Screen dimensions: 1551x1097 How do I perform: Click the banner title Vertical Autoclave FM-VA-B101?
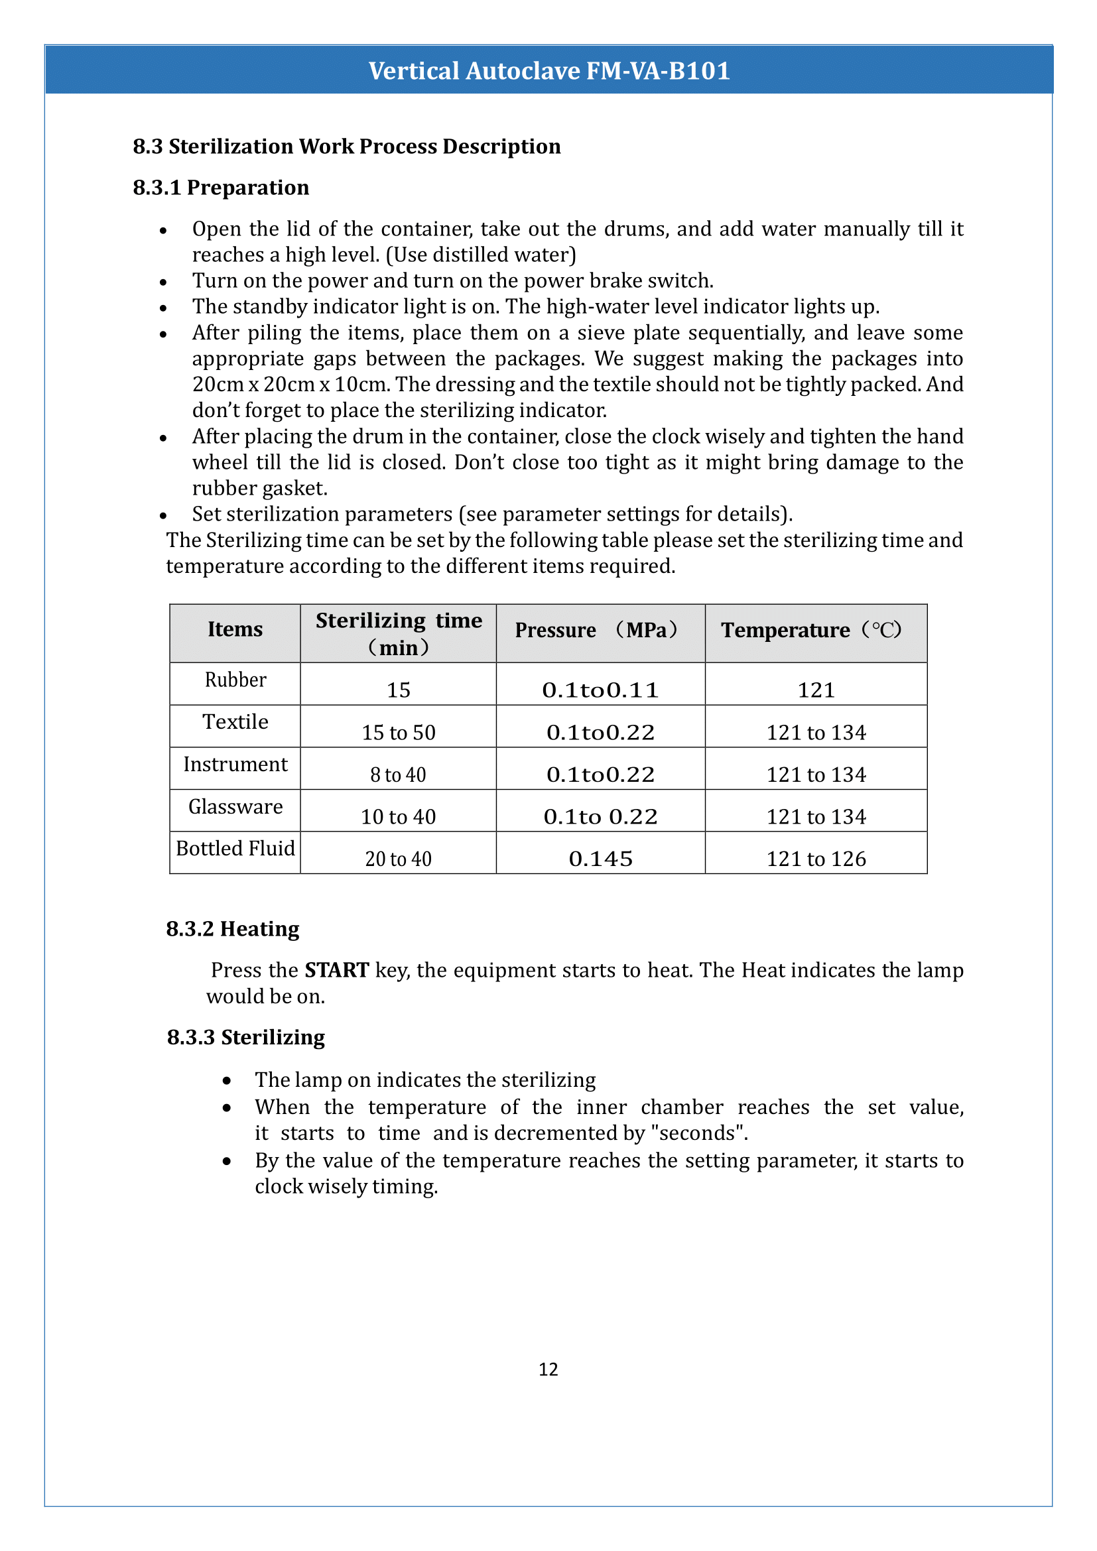click(x=548, y=71)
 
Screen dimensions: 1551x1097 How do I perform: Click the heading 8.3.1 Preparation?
click(x=221, y=187)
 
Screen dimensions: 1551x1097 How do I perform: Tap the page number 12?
click(x=548, y=1369)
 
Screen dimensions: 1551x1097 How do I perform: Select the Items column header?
click(x=234, y=629)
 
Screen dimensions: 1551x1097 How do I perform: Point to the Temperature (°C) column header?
click(x=810, y=629)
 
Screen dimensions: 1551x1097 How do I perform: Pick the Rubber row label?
click(x=235, y=680)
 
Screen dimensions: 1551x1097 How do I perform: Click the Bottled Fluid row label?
click(x=235, y=849)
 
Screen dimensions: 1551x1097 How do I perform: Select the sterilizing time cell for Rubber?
click(x=398, y=690)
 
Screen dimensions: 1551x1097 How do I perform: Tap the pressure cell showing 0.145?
click(x=600, y=859)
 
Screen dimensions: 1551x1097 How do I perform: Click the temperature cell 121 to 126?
click(x=815, y=859)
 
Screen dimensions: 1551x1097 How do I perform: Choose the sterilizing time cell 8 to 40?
click(x=398, y=774)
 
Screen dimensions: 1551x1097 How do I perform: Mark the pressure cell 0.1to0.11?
click(x=600, y=690)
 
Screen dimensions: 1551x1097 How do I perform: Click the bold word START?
click(x=336, y=970)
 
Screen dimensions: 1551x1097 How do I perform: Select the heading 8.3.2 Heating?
click(x=232, y=929)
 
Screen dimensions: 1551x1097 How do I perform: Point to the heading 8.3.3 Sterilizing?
click(x=246, y=1037)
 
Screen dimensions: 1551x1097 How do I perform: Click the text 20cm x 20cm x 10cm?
click(x=291, y=385)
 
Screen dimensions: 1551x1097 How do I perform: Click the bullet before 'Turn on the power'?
click(x=162, y=282)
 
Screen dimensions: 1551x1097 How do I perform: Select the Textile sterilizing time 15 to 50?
click(x=398, y=732)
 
